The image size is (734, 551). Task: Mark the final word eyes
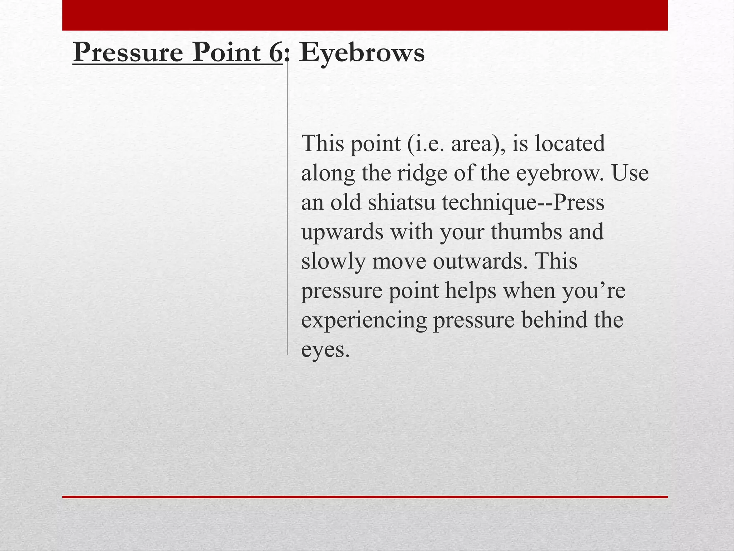tap(324, 350)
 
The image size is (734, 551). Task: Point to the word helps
tap(471, 291)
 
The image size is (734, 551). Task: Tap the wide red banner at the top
tap(365, 15)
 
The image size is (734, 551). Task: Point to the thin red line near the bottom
tap(365, 497)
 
